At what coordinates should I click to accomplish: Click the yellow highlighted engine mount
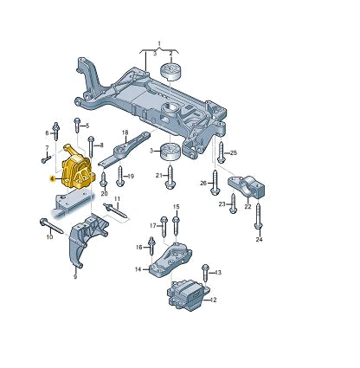click(78, 168)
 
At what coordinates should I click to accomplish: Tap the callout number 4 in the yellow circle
click(53, 178)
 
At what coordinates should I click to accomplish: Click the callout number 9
click(75, 277)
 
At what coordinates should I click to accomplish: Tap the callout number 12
click(215, 300)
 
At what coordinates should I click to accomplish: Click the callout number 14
click(138, 270)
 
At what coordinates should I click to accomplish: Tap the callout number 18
click(125, 132)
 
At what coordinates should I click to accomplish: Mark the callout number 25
click(233, 153)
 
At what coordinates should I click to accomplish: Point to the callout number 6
click(47, 132)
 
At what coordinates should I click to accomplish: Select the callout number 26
click(203, 183)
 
